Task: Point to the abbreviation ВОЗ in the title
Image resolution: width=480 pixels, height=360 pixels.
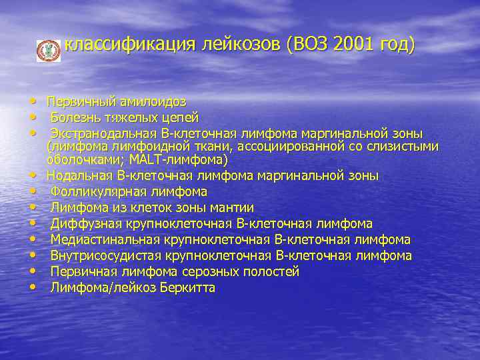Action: click(308, 45)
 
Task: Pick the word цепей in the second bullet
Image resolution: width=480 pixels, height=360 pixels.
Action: click(181, 118)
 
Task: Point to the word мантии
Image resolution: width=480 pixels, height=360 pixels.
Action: click(233, 208)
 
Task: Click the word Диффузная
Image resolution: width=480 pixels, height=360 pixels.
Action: click(81, 224)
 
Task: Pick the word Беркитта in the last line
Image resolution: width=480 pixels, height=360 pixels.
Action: click(188, 288)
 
